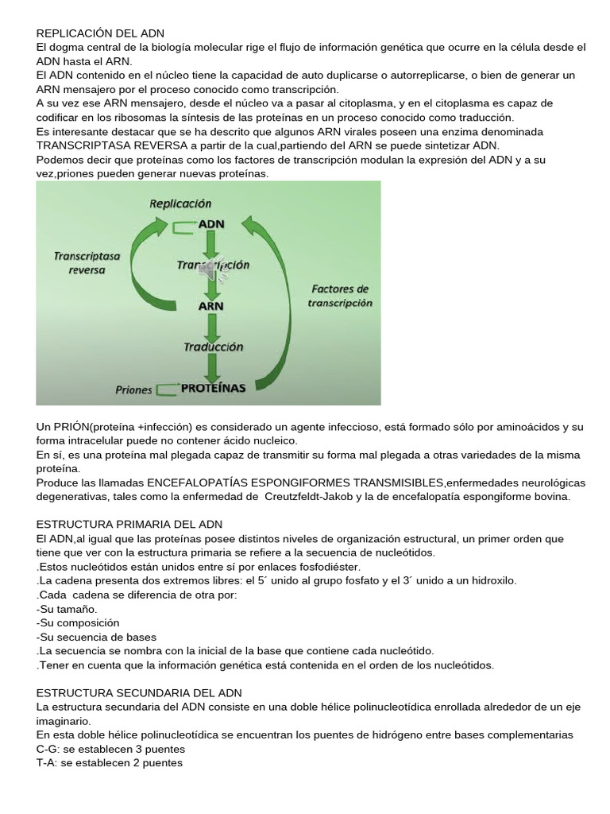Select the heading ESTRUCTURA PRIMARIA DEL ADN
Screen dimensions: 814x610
129,525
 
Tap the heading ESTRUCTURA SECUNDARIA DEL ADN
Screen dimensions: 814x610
139,693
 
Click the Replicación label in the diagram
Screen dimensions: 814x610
180,203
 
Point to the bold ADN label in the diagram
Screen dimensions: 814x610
211,223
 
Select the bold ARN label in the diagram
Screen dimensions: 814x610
210,305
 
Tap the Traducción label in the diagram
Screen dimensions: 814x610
213,347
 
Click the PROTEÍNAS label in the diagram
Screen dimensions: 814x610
213,389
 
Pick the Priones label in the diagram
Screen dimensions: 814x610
133,390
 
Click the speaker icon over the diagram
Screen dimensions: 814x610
213,272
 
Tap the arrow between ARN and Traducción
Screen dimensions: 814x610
212,326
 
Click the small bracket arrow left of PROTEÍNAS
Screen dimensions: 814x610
166,390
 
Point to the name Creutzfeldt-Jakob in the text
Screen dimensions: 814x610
321,497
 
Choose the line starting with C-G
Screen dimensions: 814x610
110,750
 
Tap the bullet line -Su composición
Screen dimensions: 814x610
78,623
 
